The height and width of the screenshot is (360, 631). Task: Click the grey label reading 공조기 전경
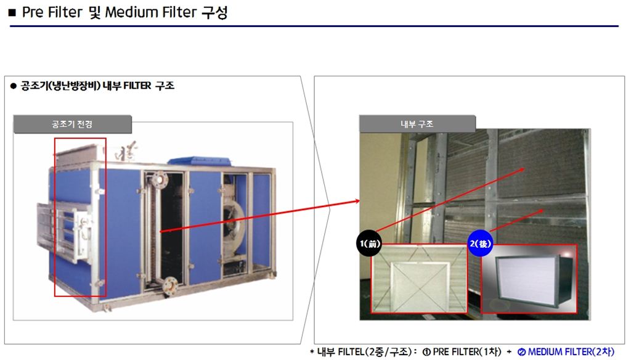(x=73, y=124)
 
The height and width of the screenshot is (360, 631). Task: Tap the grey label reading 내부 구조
(x=417, y=124)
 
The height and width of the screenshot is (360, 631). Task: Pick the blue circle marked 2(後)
(x=481, y=243)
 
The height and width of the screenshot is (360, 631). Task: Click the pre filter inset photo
(x=419, y=278)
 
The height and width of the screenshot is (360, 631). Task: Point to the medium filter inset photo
(x=529, y=279)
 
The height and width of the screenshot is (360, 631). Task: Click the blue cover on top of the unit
(x=200, y=160)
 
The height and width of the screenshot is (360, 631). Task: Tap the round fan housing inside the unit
(x=234, y=221)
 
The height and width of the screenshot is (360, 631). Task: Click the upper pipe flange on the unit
(x=160, y=178)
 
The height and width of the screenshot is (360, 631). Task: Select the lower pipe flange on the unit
(x=170, y=285)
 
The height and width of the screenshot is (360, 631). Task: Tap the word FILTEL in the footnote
(x=351, y=351)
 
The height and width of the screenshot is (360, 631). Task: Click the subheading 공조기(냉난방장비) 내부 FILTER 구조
(x=97, y=86)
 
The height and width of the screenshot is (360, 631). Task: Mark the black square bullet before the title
(x=12, y=13)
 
